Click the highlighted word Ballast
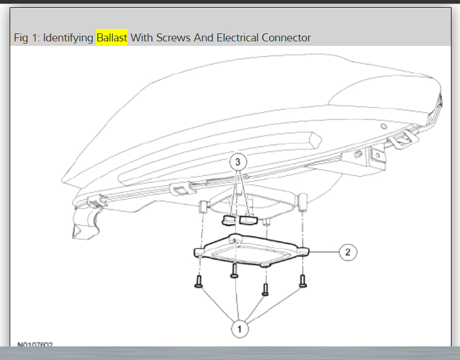pyautogui.click(x=112, y=38)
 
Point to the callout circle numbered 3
pyautogui.click(x=238, y=162)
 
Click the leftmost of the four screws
pyautogui.click(x=198, y=281)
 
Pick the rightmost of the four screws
pyautogui.click(x=302, y=279)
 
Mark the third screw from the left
pyautogui.click(x=265, y=289)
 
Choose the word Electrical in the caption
pyautogui.click(x=237, y=38)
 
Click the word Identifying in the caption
pyautogui.click(x=69, y=38)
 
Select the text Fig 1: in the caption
pyautogui.click(x=27, y=38)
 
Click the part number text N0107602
pyautogui.click(x=35, y=344)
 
